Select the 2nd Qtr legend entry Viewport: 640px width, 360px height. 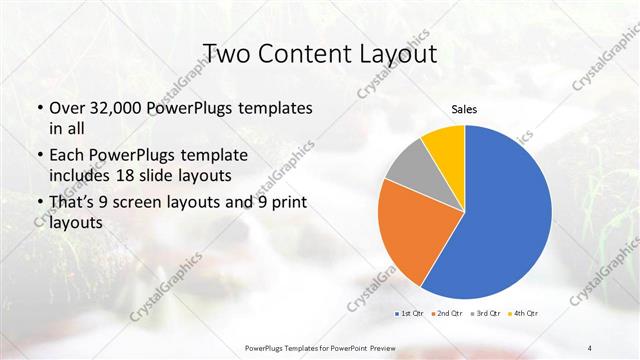(x=448, y=315)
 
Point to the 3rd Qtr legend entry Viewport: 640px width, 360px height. (x=486, y=315)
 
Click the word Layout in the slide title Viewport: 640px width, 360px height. (x=395, y=53)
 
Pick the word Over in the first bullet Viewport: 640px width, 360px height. (x=67, y=107)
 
